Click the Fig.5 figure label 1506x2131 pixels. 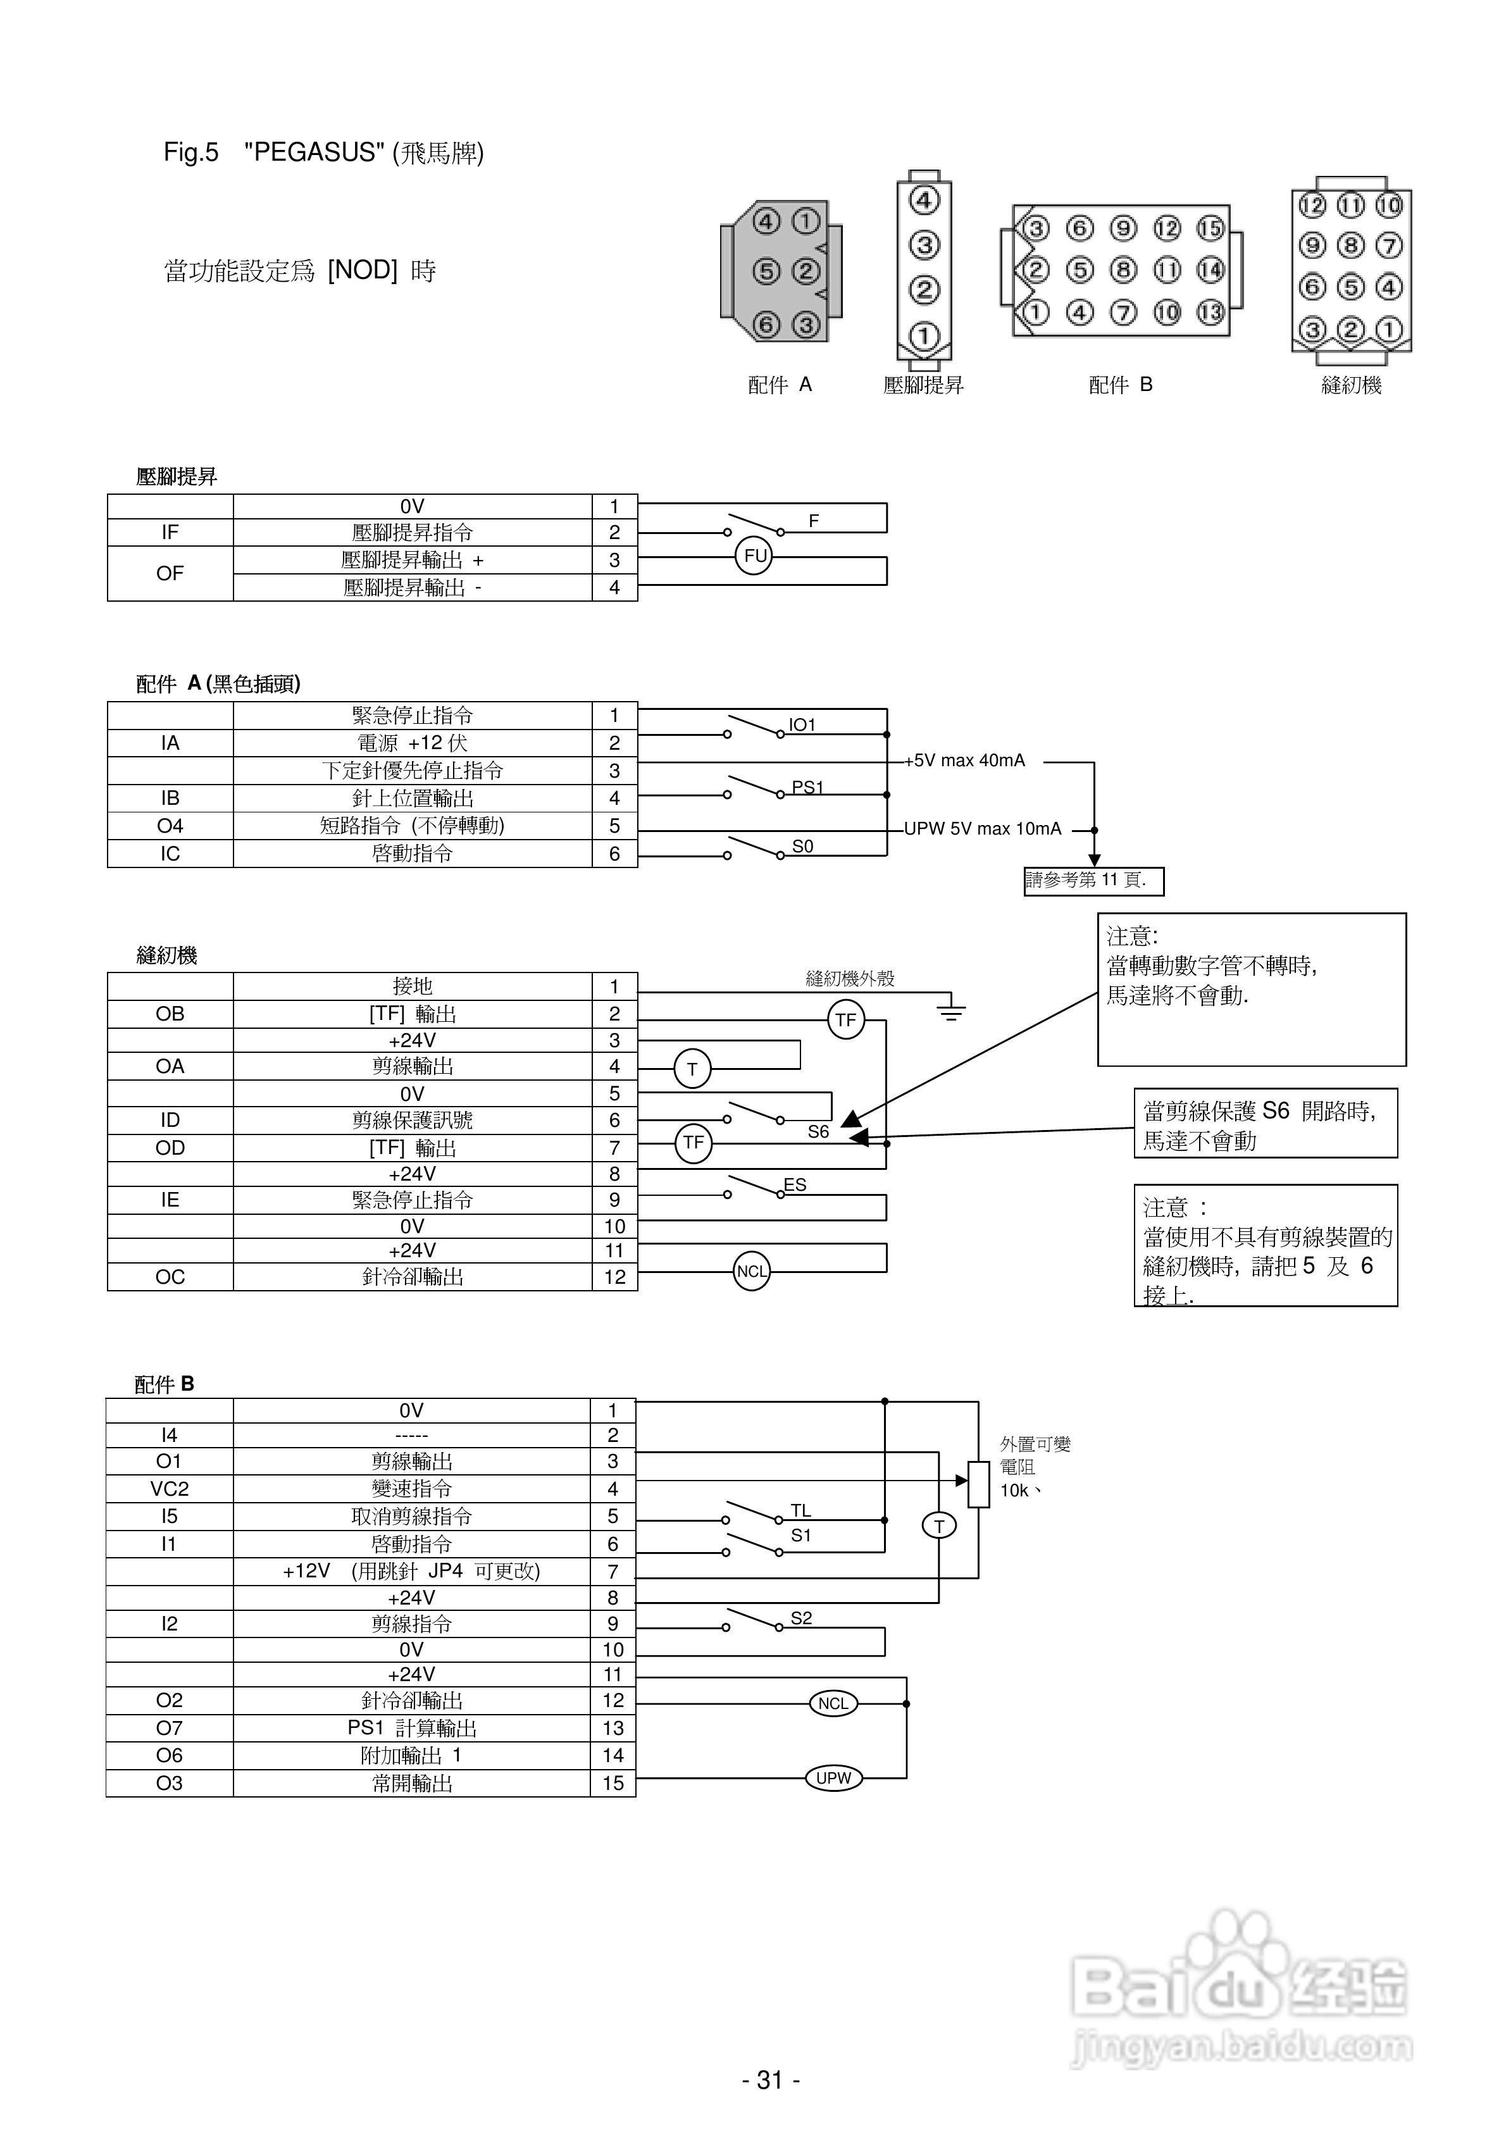click(191, 152)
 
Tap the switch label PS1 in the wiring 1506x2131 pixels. click(807, 787)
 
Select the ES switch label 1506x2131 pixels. click(795, 1184)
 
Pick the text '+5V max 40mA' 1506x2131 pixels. click(966, 760)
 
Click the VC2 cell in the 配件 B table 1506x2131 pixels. click(169, 1489)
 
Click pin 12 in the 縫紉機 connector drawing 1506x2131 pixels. click(1312, 205)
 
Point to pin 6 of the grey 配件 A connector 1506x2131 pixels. click(766, 324)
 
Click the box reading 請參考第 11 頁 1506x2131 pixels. click(1093, 880)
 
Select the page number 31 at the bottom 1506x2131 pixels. click(771, 2080)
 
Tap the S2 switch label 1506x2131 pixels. click(800, 1618)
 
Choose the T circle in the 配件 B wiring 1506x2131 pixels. click(938, 1526)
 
